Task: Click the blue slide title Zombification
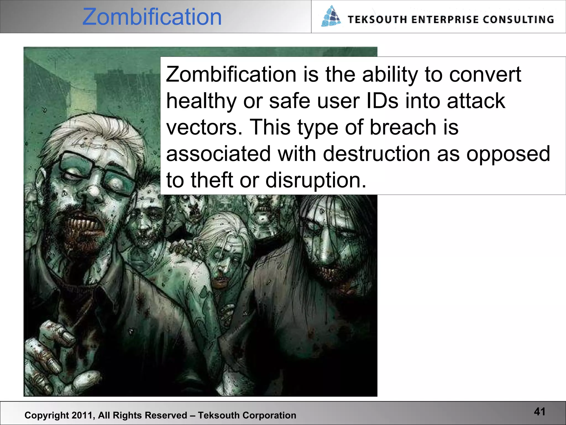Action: click(152, 17)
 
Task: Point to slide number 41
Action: click(539, 412)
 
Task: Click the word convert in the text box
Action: click(485, 74)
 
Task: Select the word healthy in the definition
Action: click(201, 101)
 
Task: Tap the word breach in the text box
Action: click(403, 127)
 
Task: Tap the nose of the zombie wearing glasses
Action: click(91, 191)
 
